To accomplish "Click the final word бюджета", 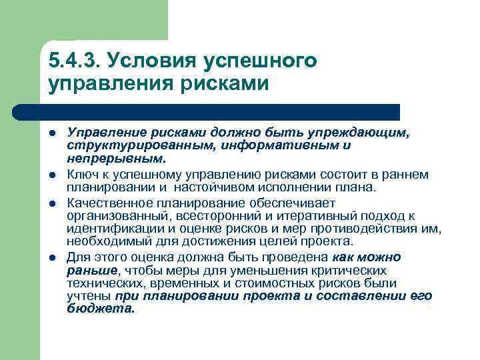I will (100, 308).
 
